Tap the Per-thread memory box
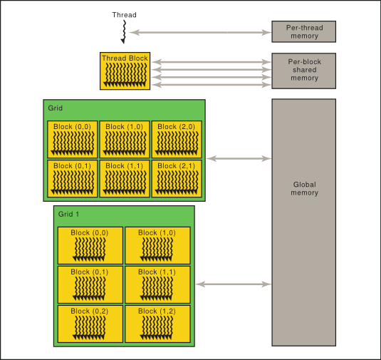303,31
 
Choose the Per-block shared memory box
303,70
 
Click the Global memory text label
304,188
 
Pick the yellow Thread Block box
125,71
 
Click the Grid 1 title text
68,215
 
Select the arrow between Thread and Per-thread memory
200,32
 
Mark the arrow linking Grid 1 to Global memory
233,284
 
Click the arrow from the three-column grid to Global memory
239,158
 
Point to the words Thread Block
125,58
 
